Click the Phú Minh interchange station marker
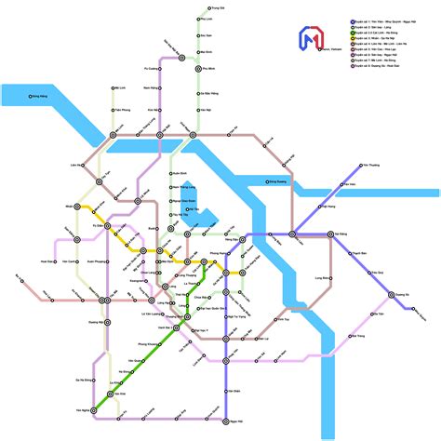198,68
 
